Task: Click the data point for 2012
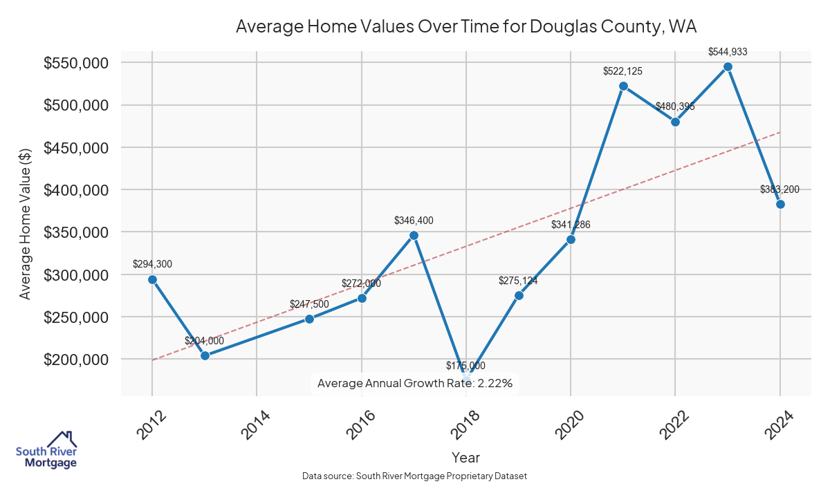tap(152, 279)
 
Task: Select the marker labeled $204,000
tap(205, 355)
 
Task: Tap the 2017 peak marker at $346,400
tap(414, 235)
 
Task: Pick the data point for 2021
tap(623, 86)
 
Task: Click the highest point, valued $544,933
tap(728, 66)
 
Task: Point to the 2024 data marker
tap(780, 204)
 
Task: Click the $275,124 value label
tap(518, 281)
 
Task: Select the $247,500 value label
tap(309, 304)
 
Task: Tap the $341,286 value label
tap(571, 225)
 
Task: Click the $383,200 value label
tap(780, 189)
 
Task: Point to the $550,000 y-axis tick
tap(76, 63)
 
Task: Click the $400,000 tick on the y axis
tap(76, 190)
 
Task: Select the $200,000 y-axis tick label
tap(76, 360)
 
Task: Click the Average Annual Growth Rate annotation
tap(414, 383)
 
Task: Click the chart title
tap(465, 27)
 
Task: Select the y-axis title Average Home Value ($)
tap(26, 223)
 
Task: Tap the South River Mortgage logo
tap(46, 450)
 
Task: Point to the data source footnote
tap(414, 476)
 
